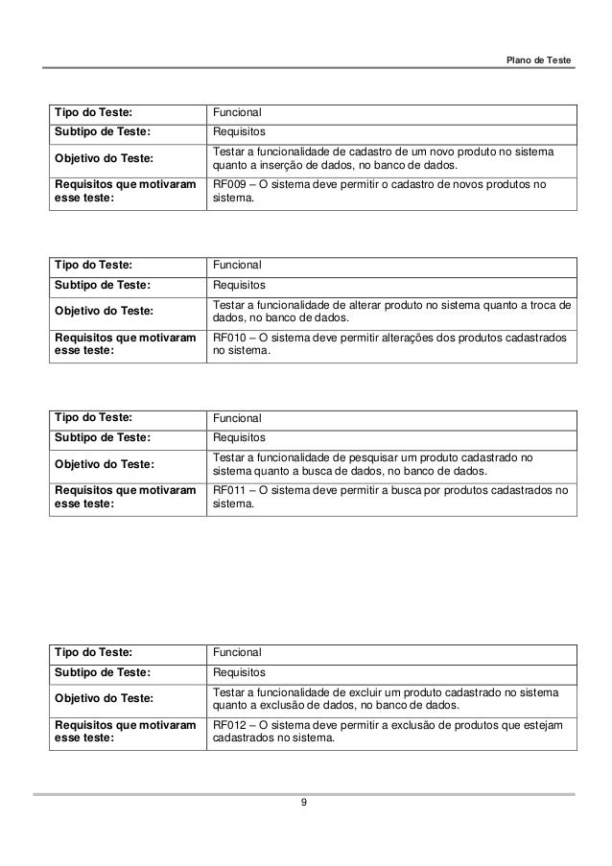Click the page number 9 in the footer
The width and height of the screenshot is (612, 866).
(x=304, y=802)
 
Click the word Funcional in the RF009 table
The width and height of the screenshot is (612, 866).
(x=236, y=113)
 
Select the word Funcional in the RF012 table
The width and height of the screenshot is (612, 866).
(x=236, y=652)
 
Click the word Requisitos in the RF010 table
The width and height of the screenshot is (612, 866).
(x=239, y=285)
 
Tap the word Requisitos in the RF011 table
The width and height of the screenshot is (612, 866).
(x=239, y=438)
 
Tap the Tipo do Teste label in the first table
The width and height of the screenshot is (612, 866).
(x=94, y=113)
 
